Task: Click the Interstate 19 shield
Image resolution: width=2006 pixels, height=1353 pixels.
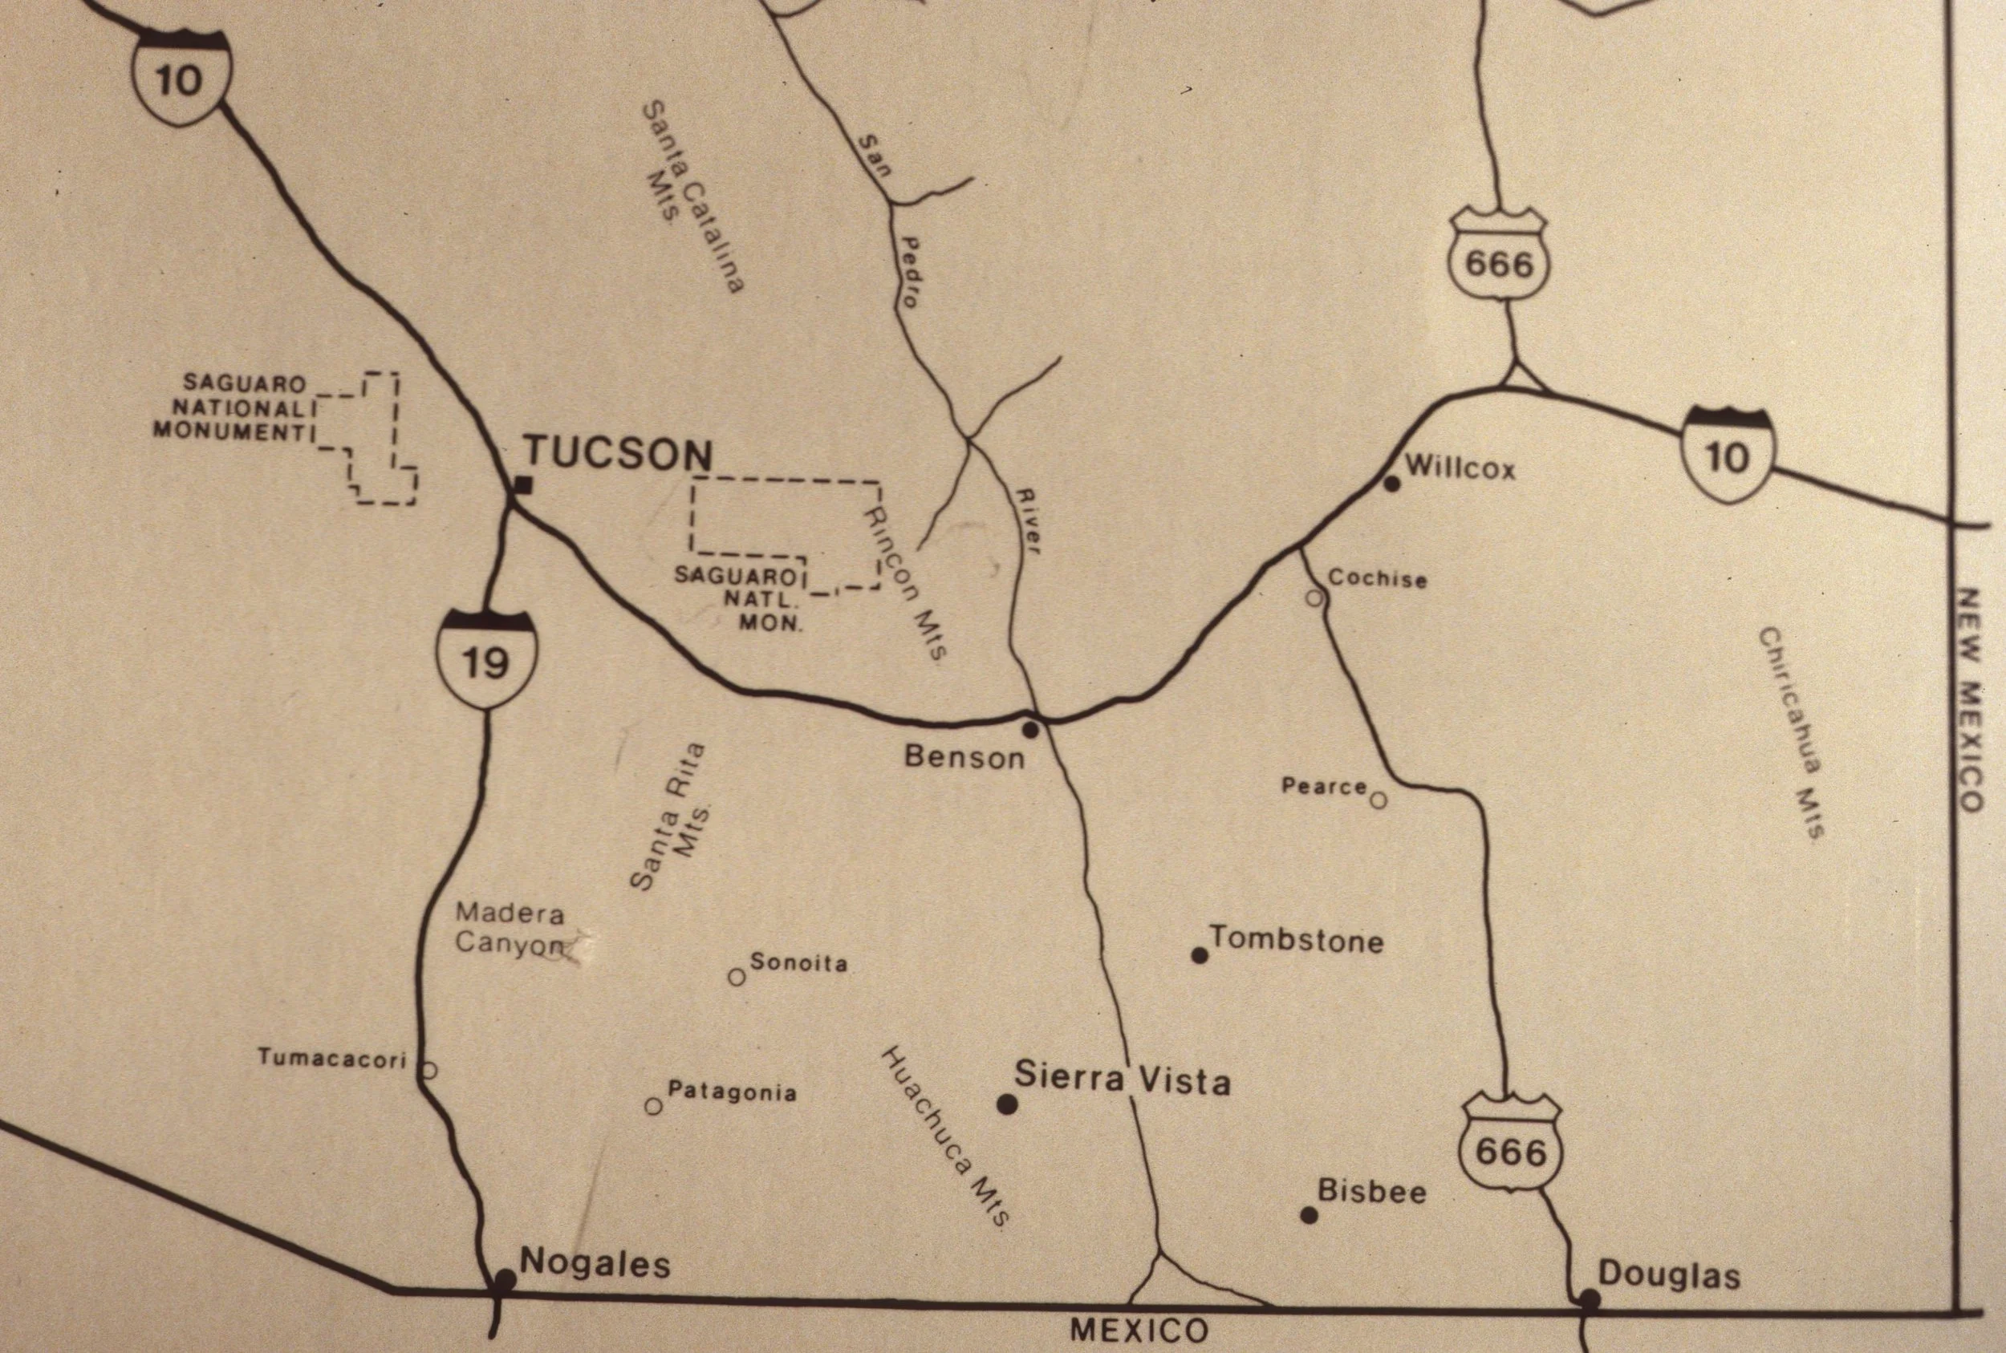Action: coord(487,658)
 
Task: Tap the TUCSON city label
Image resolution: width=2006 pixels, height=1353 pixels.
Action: coord(619,454)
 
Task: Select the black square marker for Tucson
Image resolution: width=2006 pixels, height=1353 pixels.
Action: coord(522,486)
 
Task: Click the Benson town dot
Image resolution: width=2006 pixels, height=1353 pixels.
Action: coord(1029,730)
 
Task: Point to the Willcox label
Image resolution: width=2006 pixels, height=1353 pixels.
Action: coord(1460,468)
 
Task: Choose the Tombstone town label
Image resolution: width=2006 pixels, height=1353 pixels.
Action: coord(1297,940)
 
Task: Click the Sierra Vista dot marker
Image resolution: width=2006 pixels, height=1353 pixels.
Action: coord(1006,1104)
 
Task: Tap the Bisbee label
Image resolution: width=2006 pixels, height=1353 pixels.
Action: coord(1371,1192)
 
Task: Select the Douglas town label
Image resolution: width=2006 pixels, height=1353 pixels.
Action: coord(1668,1275)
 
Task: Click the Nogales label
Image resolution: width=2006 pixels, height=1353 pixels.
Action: coord(595,1264)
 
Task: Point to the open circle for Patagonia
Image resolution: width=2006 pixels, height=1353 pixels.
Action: coord(653,1105)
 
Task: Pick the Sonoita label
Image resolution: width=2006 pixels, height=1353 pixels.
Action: coord(798,963)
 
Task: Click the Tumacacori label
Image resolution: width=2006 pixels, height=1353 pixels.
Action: coord(331,1059)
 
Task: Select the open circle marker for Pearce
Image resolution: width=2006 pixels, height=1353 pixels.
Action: coord(1379,800)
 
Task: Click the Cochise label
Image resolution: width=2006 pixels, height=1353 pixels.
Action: coord(1377,578)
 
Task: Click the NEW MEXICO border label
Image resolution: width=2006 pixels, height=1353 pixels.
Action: coord(1971,700)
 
